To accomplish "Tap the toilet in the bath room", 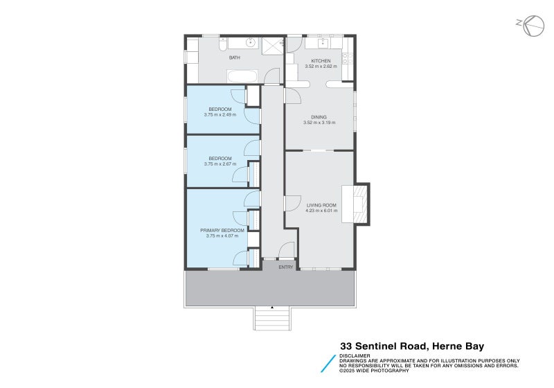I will pos(222,44).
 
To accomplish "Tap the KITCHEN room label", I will pos(321,61).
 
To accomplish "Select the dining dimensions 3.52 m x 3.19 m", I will pos(319,123).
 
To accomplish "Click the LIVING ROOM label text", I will pos(321,205).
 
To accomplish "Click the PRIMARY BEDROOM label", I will pos(222,230).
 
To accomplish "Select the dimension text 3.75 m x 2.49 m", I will pos(220,114).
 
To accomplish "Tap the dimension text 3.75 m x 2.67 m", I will pos(220,164).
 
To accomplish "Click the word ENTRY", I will pos(286,267).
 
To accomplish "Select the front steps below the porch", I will pos(272,319).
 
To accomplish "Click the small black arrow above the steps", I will pos(272,307).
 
